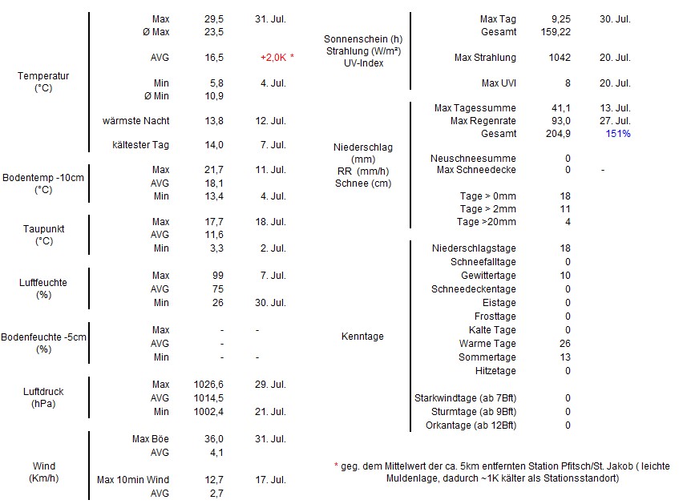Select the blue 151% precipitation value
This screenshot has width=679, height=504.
coord(618,134)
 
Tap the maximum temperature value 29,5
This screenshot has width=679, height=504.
coord(215,18)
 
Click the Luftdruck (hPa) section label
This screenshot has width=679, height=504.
coord(43,397)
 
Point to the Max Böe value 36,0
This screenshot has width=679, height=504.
coord(214,439)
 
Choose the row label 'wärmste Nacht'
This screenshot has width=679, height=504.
coord(136,121)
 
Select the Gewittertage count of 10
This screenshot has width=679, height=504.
coord(567,276)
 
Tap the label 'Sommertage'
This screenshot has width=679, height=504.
coord(487,357)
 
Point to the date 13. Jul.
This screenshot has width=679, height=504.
coord(615,108)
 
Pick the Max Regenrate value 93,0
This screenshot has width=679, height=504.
coord(561,121)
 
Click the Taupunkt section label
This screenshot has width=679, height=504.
coord(43,235)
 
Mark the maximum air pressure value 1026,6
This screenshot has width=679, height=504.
coord(209,385)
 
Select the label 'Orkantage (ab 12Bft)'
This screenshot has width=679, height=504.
coord(471,425)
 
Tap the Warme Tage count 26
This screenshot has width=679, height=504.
coord(566,344)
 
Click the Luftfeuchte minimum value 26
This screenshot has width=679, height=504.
coord(217,303)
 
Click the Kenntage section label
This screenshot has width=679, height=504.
coord(362,337)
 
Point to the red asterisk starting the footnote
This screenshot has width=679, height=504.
coord(336,466)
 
